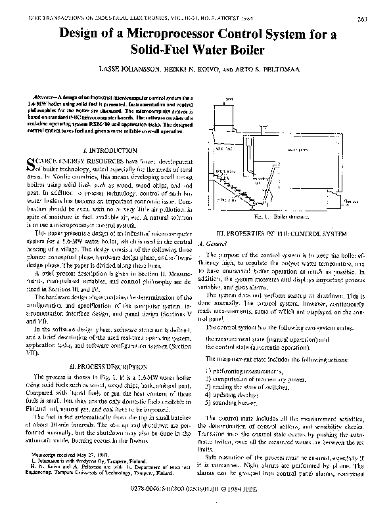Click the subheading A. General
pyautogui.click(x=218, y=241)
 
